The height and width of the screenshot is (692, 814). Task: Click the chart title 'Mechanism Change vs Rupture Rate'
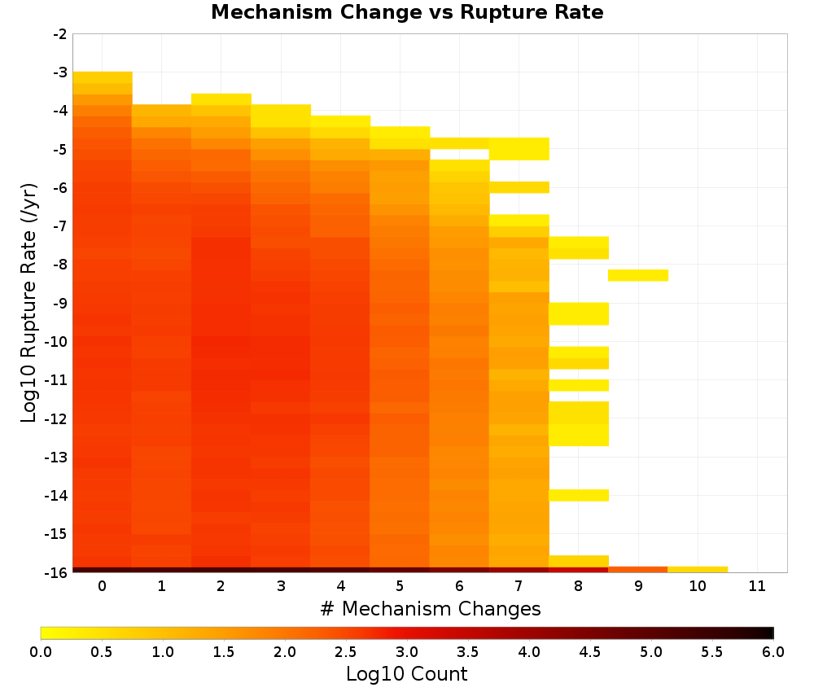click(407, 12)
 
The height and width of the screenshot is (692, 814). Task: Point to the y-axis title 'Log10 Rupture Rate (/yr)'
click(28, 303)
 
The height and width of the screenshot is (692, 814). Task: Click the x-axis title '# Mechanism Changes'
click(431, 608)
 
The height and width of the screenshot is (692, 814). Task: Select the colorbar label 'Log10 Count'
click(406, 674)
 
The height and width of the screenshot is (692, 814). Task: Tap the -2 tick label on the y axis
click(59, 34)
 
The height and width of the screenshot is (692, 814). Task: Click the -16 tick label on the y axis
click(57, 572)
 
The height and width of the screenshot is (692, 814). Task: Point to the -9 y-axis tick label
click(59, 303)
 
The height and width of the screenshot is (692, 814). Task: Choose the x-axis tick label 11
click(757, 586)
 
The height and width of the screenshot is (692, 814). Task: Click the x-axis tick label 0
click(103, 586)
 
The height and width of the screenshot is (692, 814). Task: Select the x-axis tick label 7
click(519, 586)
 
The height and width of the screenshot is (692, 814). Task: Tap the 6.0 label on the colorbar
click(773, 651)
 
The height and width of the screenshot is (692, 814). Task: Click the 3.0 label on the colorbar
click(407, 651)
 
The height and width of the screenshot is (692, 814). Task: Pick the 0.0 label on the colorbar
click(41, 651)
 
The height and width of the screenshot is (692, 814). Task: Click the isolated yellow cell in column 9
click(638, 275)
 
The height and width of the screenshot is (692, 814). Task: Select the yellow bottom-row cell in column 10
click(698, 570)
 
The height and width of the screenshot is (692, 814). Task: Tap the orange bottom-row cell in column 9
click(638, 570)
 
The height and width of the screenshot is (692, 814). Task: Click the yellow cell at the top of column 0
click(103, 77)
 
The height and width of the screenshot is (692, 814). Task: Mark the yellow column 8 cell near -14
click(578, 495)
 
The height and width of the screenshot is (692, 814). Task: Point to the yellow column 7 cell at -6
click(519, 187)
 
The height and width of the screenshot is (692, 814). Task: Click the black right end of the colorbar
click(770, 633)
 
